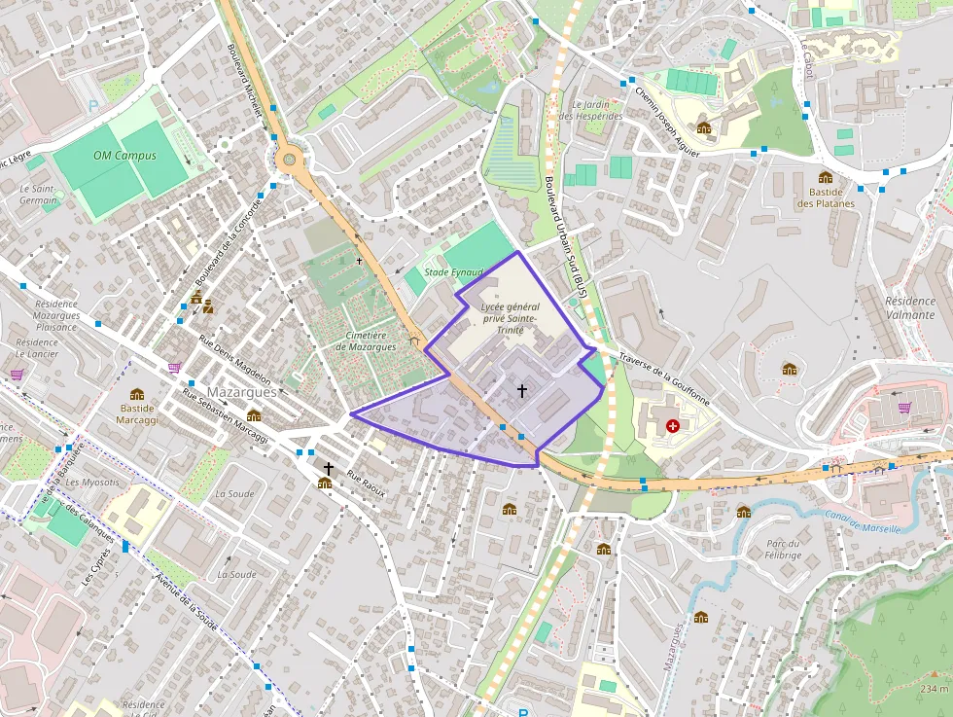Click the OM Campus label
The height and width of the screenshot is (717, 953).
[125, 156]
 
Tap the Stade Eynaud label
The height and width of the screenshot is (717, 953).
[453, 272]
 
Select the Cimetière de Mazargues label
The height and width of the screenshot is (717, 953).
[366, 341]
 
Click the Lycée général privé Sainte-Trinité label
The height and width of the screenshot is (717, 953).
[510, 318]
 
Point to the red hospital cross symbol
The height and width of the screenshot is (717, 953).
[673, 426]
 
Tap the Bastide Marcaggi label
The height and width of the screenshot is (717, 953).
[137, 413]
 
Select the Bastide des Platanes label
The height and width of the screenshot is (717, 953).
[826, 197]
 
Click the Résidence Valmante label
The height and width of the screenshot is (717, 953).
[909, 308]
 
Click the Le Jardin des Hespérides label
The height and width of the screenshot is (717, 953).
[596, 110]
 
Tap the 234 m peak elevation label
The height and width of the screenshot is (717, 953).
[933, 689]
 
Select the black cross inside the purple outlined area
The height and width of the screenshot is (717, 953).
[522, 390]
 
